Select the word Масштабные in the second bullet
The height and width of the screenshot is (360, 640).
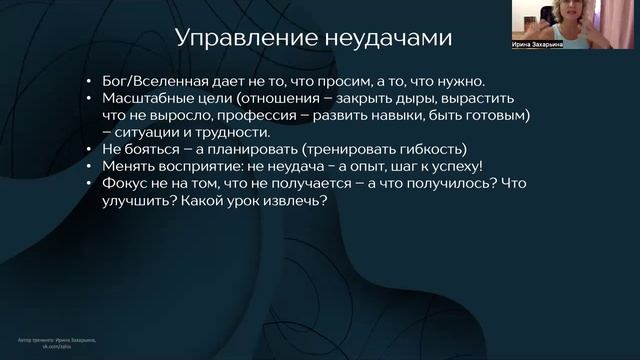149,98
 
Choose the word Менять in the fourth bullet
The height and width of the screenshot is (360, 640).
128,166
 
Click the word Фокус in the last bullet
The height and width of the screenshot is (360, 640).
127,183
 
